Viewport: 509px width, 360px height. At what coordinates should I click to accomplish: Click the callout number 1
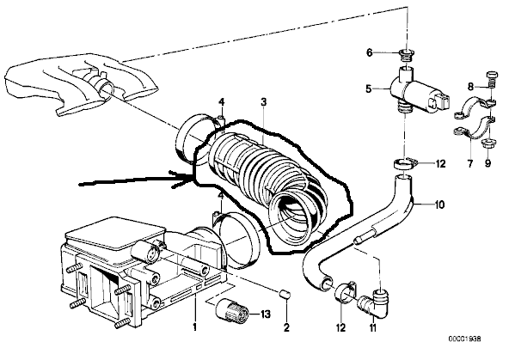point(195,326)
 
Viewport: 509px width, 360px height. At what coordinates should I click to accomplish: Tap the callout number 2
point(286,327)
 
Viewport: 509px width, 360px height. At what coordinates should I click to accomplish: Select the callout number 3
point(264,102)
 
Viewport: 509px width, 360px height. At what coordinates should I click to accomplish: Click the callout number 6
point(370,52)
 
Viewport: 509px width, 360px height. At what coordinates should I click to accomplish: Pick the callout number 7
point(470,163)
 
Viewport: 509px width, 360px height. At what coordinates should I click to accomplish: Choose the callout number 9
point(488,163)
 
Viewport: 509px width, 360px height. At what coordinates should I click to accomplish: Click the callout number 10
point(439,204)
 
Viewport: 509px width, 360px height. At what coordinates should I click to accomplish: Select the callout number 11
point(373,327)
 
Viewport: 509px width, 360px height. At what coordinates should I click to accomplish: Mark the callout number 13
point(265,314)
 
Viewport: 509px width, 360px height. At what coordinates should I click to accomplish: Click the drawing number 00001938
point(465,339)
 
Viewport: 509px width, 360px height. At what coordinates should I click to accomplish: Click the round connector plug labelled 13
point(232,311)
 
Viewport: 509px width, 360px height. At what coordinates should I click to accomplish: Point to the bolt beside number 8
point(491,79)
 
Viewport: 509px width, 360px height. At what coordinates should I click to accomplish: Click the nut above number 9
point(487,143)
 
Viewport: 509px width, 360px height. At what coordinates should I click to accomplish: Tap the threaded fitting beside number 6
point(404,56)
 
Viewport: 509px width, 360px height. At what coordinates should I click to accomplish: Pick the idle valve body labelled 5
point(420,89)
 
